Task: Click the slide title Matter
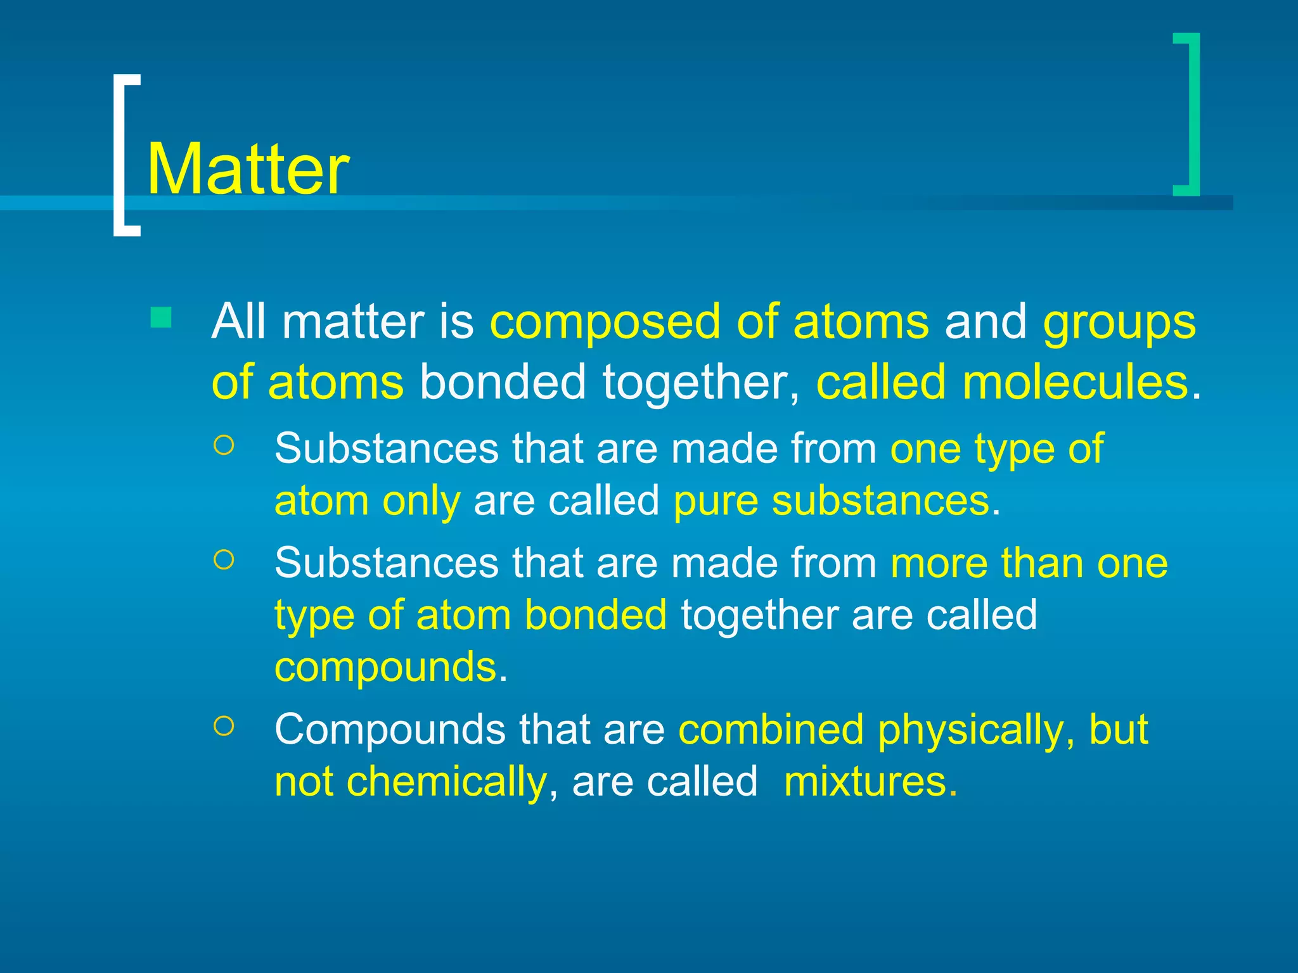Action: [x=248, y=169]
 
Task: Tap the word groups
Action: [x=1119, y=322]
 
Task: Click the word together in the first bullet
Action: [x=701, y=383]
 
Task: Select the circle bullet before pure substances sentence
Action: [x=224, y=445]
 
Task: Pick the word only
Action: [x=421, y=501]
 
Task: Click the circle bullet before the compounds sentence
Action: [x=224, y=559]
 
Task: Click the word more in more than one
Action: [x=939, y=563]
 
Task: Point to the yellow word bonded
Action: [x=595, y=614]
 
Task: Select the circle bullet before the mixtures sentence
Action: [x=224, y=726]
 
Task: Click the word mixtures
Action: [x=864, y=781]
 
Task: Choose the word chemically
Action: [x=446, y=781]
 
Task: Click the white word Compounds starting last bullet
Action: [x=390, y=730]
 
